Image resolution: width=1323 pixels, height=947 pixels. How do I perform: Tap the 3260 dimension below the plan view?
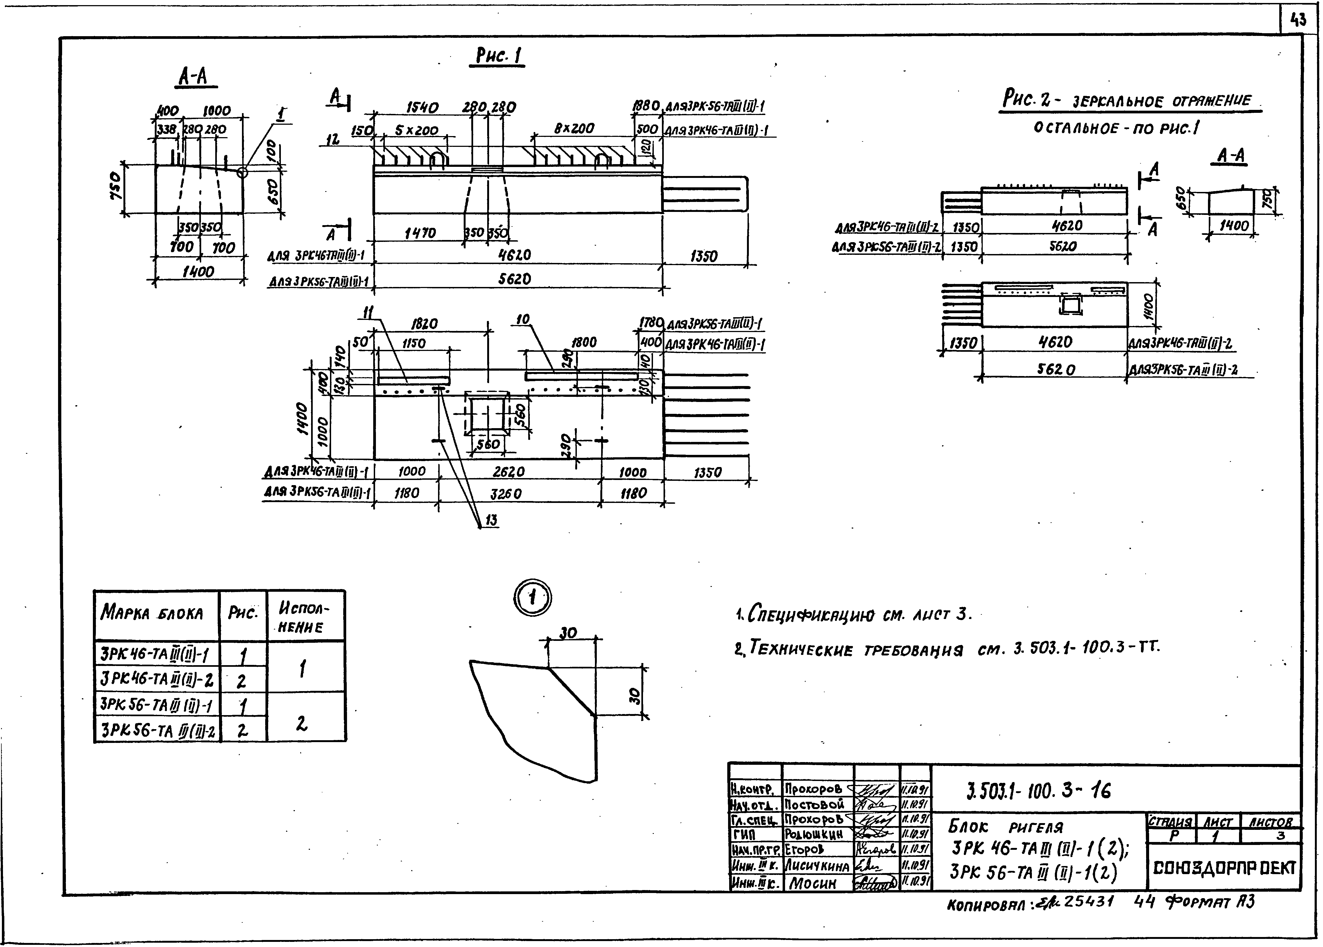(506, 494)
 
